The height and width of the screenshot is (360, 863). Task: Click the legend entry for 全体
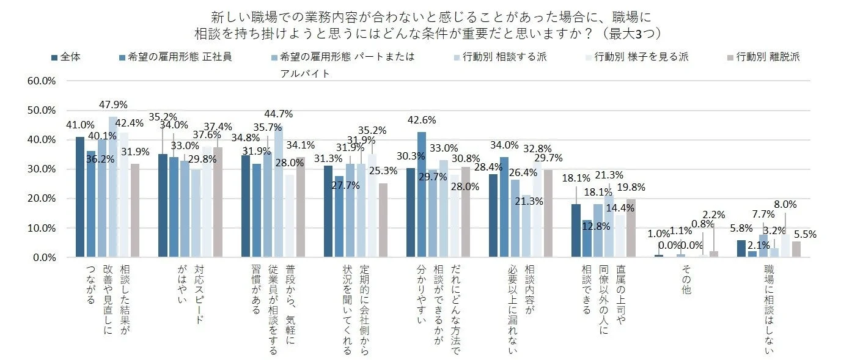[67, 57]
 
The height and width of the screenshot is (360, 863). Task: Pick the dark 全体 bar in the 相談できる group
[576, 230]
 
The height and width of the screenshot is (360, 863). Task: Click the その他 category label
[686, 281]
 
